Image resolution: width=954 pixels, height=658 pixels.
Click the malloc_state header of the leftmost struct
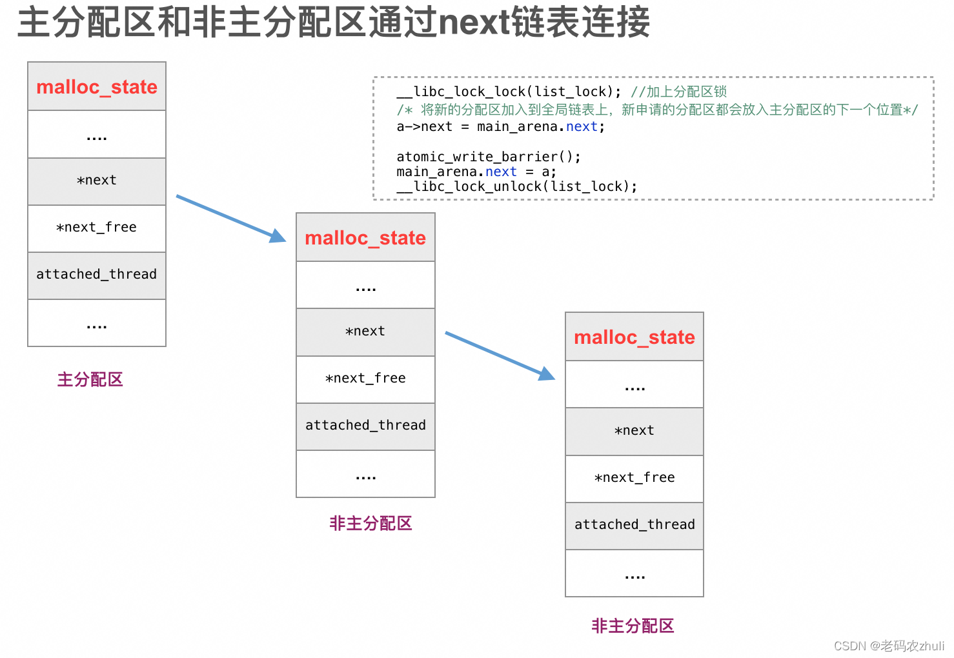[97, 86]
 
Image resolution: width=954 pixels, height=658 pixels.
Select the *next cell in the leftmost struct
[97, 181]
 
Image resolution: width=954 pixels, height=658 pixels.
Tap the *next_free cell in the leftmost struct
[97, 228]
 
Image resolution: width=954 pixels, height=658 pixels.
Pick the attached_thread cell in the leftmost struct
[97, 275]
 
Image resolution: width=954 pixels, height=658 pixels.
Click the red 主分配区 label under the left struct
[90, 379]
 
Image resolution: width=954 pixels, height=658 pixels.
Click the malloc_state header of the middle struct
[365, 237]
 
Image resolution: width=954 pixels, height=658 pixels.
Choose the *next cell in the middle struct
[365, 332]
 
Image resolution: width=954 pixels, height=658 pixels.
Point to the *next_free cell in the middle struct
[365, 379]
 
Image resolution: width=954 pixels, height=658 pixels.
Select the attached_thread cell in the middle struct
[365, 426]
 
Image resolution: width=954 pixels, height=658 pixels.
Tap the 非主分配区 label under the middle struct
[370, 523]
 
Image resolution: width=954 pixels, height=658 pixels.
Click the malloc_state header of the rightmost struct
[634, 337]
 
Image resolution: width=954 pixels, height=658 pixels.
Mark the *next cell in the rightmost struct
[634, 431]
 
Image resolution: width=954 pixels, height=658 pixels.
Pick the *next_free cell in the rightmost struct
[634, 478]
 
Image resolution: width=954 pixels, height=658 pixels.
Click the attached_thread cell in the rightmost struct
[634, 525]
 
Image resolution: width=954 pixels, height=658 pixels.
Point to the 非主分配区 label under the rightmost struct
[633, 626]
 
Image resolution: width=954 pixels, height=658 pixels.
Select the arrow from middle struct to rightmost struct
[500, 355]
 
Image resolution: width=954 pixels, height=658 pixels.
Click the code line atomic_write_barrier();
[489, 157]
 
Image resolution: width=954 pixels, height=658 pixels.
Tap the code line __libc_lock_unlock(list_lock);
[516, 187]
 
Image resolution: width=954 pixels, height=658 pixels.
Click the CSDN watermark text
[889, 646]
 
